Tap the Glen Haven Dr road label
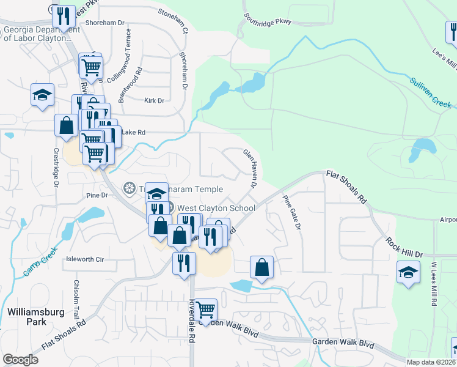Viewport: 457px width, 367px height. (x=250, y=168)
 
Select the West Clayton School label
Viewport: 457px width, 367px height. (x=216, y=208)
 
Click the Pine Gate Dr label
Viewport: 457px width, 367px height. (x=291, y=212)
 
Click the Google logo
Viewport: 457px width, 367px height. (x=20, y=359)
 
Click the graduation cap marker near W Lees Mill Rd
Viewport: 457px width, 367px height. (x=408, y=272)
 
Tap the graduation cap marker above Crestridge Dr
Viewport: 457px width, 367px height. (x=43, y=95)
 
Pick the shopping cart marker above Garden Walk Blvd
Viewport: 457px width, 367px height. (x=205, y=310)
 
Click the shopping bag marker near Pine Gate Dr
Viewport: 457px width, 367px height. (x=261, y=267)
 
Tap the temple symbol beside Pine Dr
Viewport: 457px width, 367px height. (x=129, y=187)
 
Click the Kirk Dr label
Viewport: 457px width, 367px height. (x=154, y=100)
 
